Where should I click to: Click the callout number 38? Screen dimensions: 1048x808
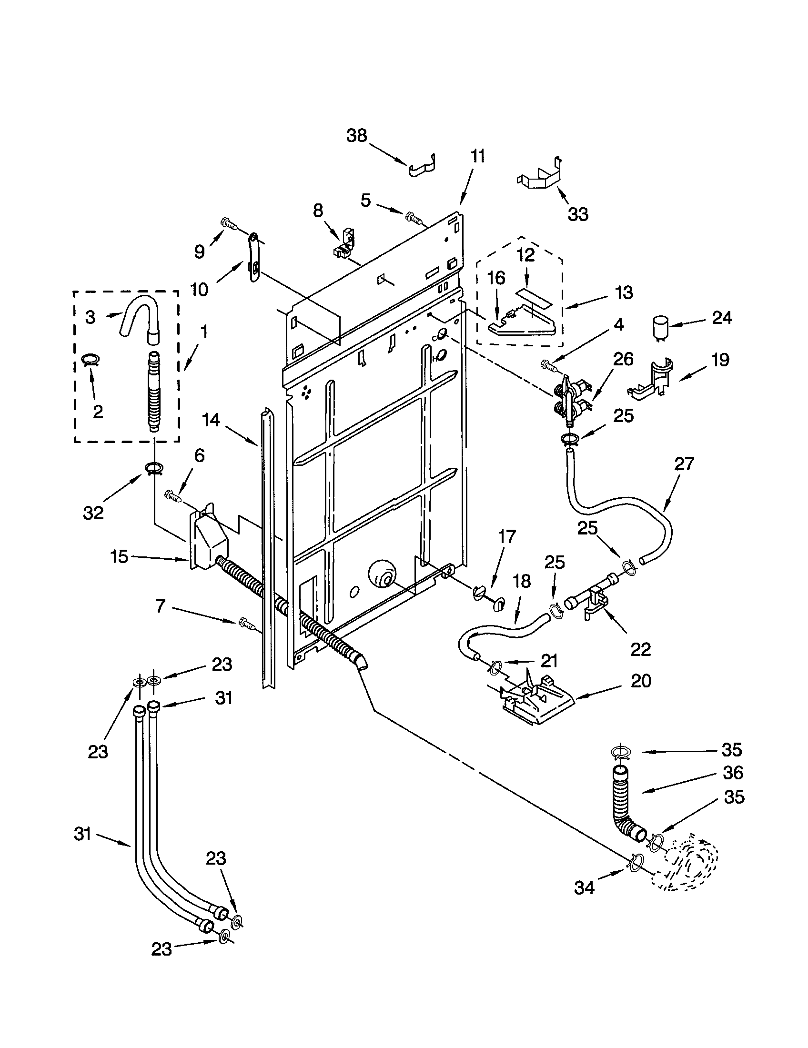point(356,136)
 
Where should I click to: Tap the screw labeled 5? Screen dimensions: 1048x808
point(414,218)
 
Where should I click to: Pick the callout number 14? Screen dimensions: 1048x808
point(211,420)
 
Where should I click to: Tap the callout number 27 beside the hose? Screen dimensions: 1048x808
point(684,464)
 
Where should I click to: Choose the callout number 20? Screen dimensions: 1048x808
point(641,681)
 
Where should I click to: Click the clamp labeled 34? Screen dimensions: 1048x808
point(633,862)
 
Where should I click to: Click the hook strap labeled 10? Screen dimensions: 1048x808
point(253,255)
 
